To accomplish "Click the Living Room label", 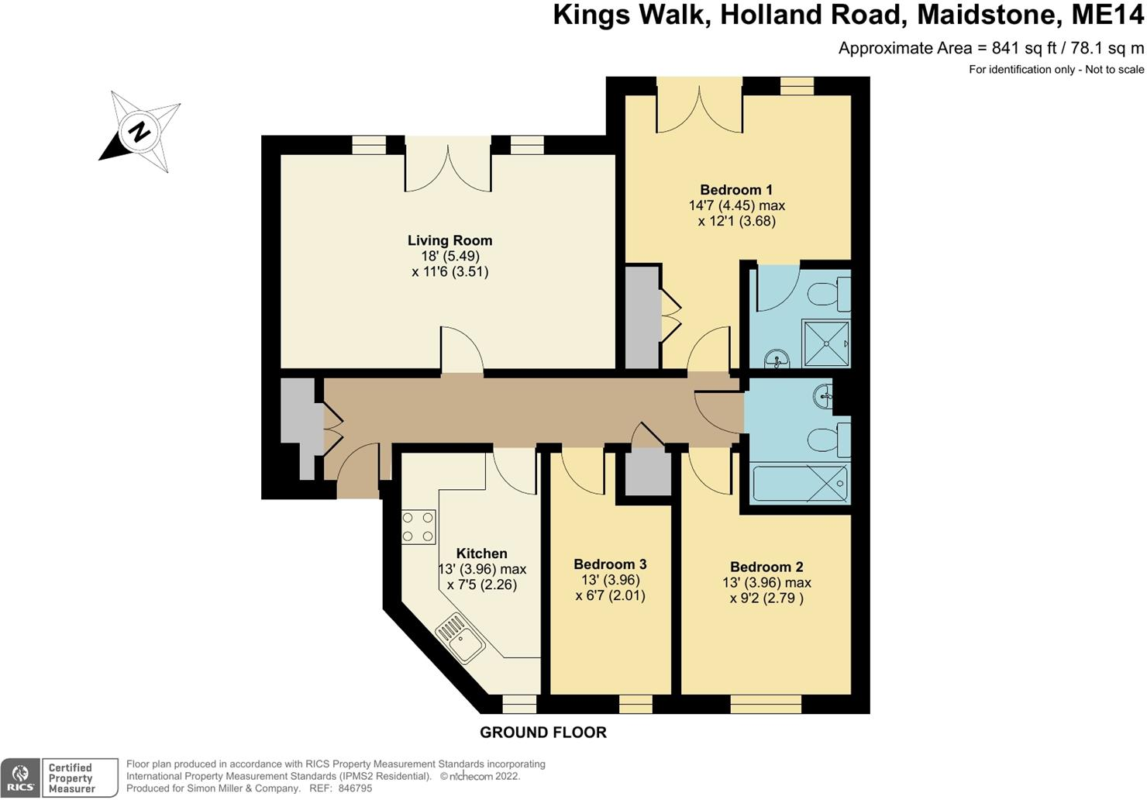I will click(x=450, y=240).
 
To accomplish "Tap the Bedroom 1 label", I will click(x=736, y=190).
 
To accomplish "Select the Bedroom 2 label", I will click(x=766, y=567).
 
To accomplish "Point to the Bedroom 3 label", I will click(x=610, y=564).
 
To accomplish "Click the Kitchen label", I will click(x=481, y=553).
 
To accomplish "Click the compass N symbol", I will click(x=139, y=132).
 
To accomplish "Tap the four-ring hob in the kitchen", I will click(x=418, y=527).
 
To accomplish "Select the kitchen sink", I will click(x=461, y=639).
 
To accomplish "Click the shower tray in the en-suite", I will click(x=826, y=343).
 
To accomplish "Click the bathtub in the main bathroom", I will click(x=801, y=482).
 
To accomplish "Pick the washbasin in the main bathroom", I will click(x=825, y=397).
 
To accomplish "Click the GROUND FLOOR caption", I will click(x=542, y=733).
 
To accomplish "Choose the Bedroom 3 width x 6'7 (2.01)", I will click(x=610, y=595).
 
